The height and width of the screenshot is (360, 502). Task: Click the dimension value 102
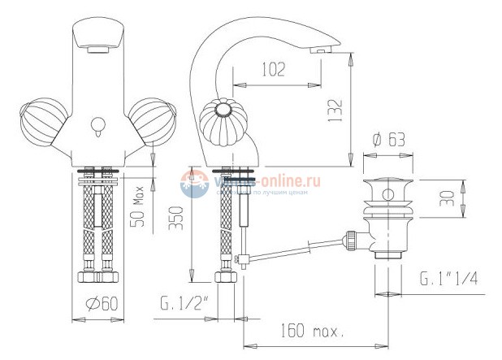click(274, 69)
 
